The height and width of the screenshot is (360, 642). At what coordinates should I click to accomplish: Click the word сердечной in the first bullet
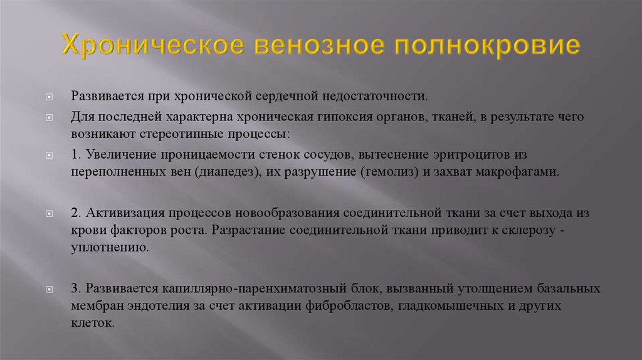[285, 98]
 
